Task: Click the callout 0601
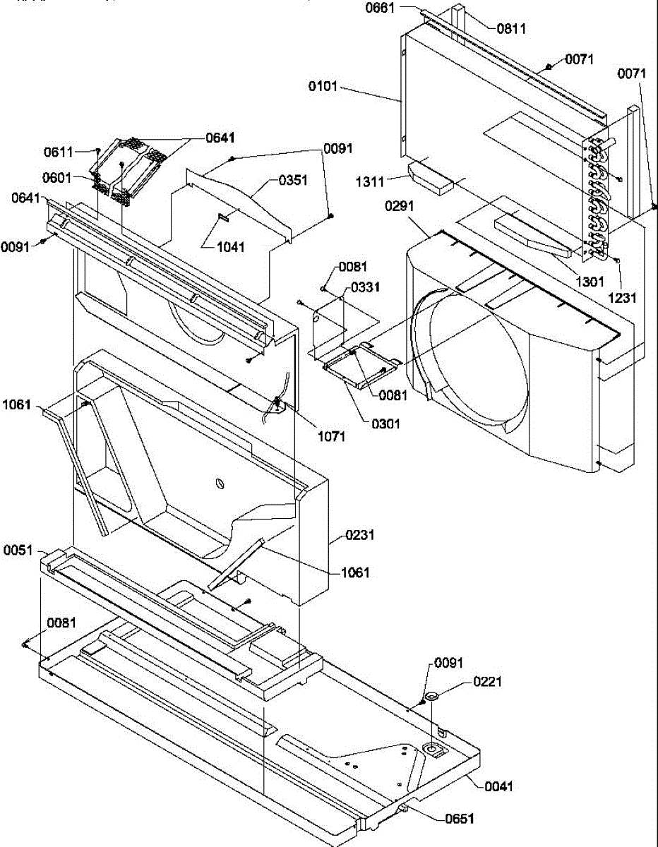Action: (x=57, y=178)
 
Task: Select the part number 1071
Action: (x=331, y=436)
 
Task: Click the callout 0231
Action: (x=360, y=536)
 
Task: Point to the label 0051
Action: (x=18, y=549)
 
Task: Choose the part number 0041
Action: (x=499, y=786)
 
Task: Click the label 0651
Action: (x=460, y=819)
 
